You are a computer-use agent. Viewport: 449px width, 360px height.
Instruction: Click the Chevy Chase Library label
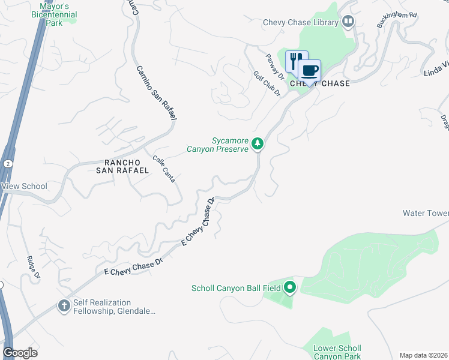(x=301, y=22)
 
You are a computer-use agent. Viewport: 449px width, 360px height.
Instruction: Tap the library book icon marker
(x=348, y=22)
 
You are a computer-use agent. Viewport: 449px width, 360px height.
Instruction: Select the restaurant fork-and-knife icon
(x=295, y=61)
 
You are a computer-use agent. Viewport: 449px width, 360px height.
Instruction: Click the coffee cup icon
(x=310, y=70)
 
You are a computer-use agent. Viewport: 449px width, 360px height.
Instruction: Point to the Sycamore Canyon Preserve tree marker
(x=258, y=143)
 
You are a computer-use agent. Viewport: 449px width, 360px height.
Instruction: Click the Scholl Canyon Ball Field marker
(x=290, y=288)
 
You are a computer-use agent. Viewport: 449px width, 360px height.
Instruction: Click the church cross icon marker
(x=64, y=307)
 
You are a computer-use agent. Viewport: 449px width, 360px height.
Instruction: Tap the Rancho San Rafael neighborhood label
(x=126, y=166)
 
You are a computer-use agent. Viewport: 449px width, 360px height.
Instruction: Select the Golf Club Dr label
(x=267, y=83)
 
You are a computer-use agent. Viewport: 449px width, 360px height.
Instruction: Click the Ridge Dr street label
(x=34, y=268)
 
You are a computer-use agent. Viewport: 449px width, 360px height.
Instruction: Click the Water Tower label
(x=426, y=213)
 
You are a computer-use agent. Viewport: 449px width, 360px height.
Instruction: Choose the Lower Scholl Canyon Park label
(x=338, y=352)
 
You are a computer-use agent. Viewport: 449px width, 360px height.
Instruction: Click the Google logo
(x=20, y=353)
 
